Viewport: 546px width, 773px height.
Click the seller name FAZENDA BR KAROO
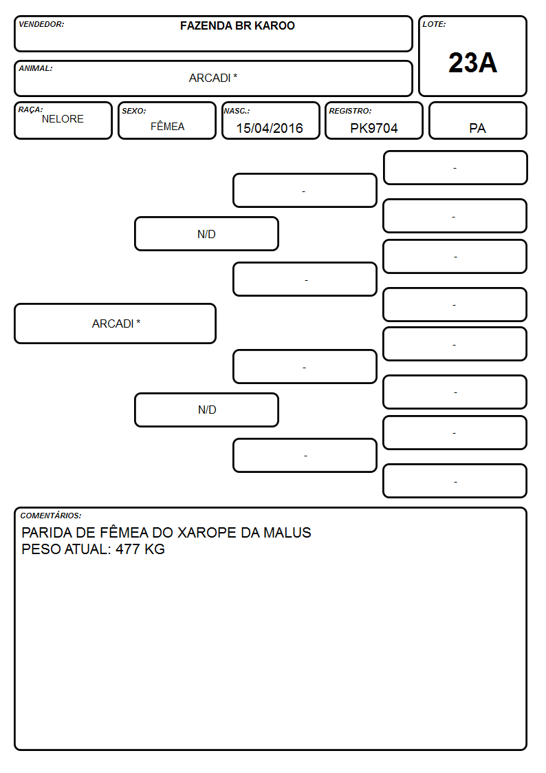(x=237, y=25)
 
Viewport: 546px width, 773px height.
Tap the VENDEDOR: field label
(x=41, y=24)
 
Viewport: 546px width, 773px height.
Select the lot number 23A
(x=472, y=63)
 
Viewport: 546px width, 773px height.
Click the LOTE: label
(x=434, y=24)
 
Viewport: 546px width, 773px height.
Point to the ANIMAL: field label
(x=36, y=69)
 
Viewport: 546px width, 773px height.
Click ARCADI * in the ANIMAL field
(x=213, y=78)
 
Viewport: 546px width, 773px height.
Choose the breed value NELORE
(x=63, y=119)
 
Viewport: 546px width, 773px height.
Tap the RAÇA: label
(x=30, y=109)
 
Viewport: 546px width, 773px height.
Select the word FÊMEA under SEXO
(x=167, y=126)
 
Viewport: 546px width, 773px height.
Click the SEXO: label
(x=134, y=111)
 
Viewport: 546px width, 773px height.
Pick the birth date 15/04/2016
(x=270, y=128)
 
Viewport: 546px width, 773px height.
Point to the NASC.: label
(x=237, y=111)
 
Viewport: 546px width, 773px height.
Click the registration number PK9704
(x=373, y=128)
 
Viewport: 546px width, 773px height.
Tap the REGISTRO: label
(x=350, y=111)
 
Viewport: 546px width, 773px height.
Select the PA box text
(x=477, y=128)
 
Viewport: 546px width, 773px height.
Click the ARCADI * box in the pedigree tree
(x=116, y=324)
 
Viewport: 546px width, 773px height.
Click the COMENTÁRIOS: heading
(x=51, y=516)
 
